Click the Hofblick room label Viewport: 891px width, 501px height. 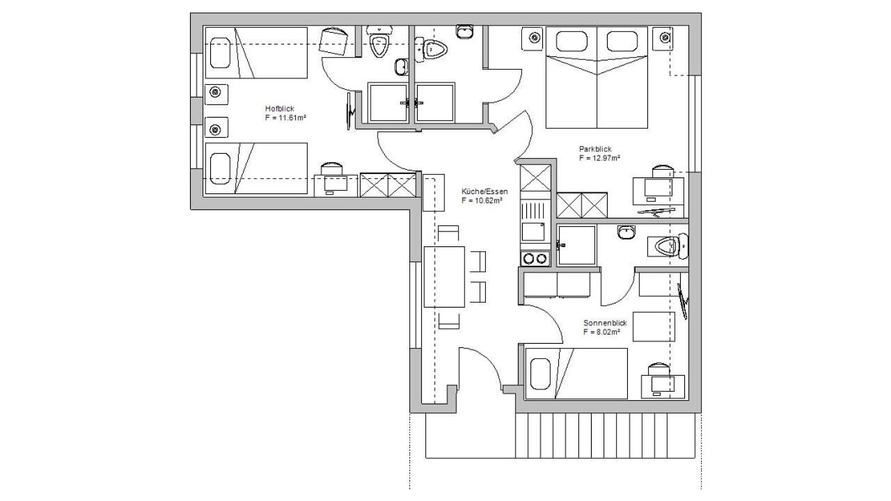click(x=280, y=109)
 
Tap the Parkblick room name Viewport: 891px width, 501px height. click(x=595, y=149)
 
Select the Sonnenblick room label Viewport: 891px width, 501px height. click(x=605, y=323)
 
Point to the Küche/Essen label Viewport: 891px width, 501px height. click(x=484, y=191)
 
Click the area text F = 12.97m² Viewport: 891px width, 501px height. click(x=600, y=158)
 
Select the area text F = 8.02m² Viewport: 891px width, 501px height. click(x=602, y=332)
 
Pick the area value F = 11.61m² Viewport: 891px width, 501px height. click(x=285, y=118)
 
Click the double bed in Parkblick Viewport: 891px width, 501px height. click(x=597, y=77)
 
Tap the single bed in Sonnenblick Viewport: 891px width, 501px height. click(x=576, y=374)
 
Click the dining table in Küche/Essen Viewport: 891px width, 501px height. click(x=444, y=277)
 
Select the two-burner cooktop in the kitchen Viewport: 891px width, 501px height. click(x=535, y=259)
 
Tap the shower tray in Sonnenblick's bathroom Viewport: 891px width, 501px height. click(x=576, y=246)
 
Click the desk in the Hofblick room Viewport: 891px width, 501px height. click(x=336, y=186)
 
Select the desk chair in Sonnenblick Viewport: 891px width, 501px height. click(x=659, y=369)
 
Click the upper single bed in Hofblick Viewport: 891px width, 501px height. click(x=256, y=53)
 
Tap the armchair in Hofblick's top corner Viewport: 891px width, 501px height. click(x=333, y=41)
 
